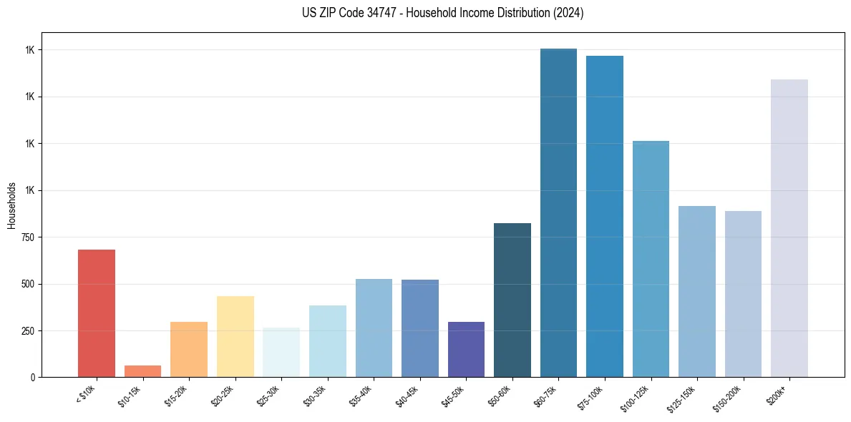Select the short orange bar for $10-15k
142,371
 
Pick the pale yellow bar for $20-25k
235,336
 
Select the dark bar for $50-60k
512,300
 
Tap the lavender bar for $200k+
789,228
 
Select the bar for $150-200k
743,294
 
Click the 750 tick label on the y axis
27,237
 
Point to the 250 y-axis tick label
27,331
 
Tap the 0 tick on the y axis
33,378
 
